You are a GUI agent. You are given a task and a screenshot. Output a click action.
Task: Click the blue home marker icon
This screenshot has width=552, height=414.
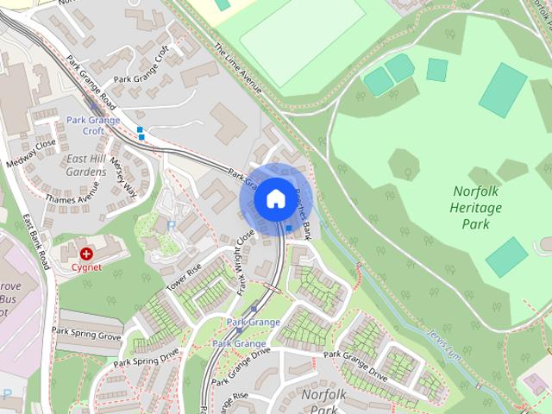[x=275, y=199]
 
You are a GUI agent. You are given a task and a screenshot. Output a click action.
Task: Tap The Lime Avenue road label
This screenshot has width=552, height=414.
[x=238, y=68]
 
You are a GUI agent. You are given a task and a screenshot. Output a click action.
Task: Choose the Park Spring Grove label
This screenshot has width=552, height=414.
[x=86, y=332]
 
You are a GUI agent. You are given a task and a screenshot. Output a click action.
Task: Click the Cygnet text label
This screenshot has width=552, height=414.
[x=86, y=267]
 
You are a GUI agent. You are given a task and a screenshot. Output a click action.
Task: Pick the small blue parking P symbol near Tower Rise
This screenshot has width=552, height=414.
[x=171, y=225]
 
